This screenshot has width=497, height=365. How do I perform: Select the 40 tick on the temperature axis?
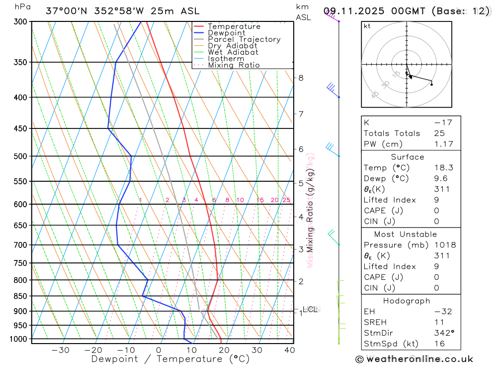pyautogui.click(x=289, y=350)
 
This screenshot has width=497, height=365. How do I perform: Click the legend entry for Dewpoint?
pyautogui.click(x=226, y=33)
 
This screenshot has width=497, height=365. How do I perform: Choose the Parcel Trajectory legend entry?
pyautogui.click(x=244, y=39)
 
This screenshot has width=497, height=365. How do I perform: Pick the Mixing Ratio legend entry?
pyautogui.click(x=234, y=65)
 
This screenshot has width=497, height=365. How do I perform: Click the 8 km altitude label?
pyautogui.click(x=301, y=78)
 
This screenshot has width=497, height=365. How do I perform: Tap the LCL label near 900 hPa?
pyautogui.click(x=310, y=310)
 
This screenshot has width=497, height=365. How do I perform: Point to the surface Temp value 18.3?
pyautogui.click(x=443, y=168)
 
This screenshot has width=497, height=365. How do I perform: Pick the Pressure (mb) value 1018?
pyautogui.click(x=443, y=245)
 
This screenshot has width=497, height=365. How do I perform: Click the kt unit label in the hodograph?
pyautogui.click(x=367, y=26)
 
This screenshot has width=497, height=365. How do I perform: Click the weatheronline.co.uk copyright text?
pyautogui.click(x=414, y=359)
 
